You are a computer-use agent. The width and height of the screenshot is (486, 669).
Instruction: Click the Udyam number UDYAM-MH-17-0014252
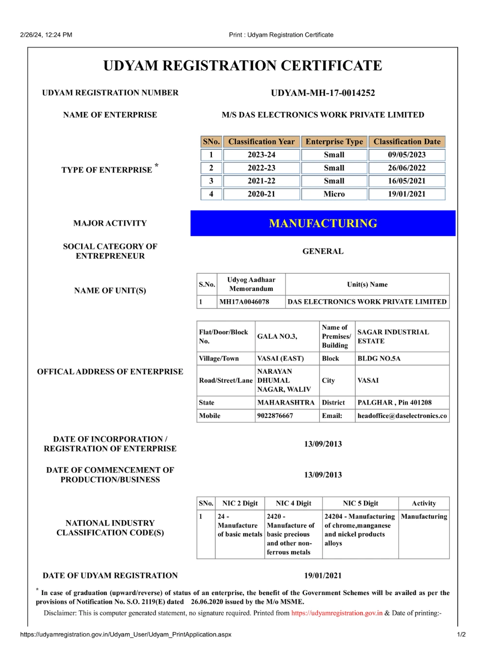323,93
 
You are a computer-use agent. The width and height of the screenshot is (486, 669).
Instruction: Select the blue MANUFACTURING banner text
323,223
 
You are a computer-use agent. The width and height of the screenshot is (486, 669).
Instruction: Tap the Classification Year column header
261,142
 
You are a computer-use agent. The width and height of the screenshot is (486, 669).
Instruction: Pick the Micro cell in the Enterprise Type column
334,194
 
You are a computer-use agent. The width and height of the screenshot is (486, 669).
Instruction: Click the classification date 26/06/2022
406,168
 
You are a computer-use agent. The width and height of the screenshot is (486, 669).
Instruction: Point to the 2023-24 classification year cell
261,155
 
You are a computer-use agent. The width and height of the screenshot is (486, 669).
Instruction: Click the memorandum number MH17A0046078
244,302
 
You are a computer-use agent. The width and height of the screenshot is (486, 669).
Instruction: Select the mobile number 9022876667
275,416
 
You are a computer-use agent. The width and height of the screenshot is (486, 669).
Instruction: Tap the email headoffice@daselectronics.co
402,416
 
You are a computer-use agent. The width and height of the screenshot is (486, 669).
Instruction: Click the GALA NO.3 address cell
277,336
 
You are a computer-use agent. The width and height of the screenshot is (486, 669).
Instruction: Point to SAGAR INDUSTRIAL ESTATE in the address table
393,336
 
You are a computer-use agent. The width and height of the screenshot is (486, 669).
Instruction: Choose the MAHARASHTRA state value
286,403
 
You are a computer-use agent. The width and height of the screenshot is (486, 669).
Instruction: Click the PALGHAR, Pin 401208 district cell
394,403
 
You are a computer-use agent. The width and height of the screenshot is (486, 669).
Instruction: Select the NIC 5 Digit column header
360,504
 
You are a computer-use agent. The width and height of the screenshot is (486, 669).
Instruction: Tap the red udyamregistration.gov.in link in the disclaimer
337,613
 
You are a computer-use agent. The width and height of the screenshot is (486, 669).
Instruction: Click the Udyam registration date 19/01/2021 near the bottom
323,576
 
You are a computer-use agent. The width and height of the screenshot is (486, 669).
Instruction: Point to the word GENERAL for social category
323,251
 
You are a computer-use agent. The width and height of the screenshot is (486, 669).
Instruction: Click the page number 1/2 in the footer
461,634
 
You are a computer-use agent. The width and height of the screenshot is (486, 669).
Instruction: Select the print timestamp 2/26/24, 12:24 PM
46,35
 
